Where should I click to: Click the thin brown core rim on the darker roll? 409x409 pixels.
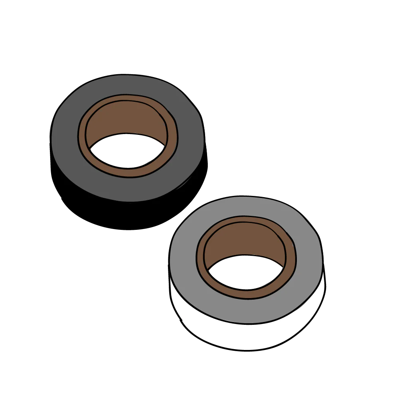click(x=82, y=136)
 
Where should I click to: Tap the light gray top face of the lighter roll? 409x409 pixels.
click(x=184, y=259)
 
